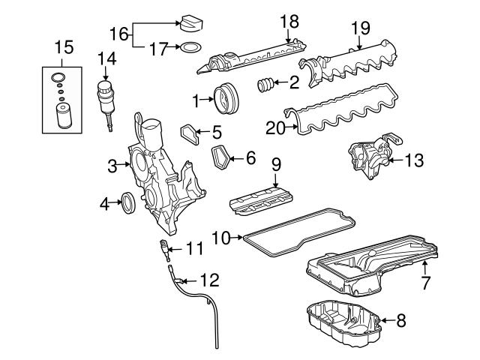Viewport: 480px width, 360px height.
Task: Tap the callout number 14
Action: point(106,57)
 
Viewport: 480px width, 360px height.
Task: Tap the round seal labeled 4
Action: point(129,202)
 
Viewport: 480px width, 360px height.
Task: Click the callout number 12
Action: point(209,281)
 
